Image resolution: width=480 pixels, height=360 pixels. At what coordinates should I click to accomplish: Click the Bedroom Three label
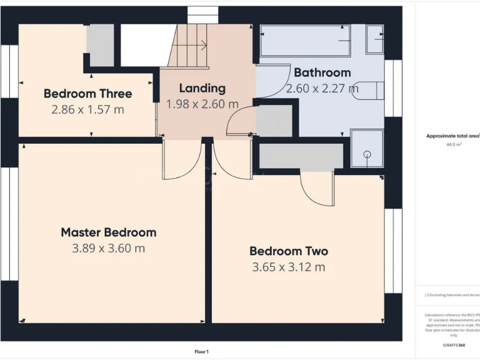point(87,94)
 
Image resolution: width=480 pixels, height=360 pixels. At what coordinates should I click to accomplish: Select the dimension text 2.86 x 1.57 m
point(87,109)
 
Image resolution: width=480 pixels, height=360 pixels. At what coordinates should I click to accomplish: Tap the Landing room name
point(202,88)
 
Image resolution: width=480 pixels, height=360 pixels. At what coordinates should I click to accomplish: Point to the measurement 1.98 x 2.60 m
point(202,104)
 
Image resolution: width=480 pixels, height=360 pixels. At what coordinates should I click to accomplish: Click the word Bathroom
point(322,72)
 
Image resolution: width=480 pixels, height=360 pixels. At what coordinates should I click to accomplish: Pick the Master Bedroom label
point(108,232)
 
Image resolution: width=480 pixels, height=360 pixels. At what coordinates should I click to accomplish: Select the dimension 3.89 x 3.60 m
point(108,248)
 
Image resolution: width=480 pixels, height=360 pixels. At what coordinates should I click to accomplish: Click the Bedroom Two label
point(288,251)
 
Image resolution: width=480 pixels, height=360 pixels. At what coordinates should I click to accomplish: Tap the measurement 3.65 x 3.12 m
point(288,267)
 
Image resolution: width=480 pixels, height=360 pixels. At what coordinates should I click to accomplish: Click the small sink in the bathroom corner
point(375,39)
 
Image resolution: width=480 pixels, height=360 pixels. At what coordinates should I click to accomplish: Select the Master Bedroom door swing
point(182,161)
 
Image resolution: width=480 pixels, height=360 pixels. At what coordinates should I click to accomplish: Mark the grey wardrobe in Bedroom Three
point(100,45)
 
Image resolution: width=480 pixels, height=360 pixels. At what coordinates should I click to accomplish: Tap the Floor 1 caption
point(201,352)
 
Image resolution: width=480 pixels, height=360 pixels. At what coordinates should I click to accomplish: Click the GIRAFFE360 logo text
point(453,345)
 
